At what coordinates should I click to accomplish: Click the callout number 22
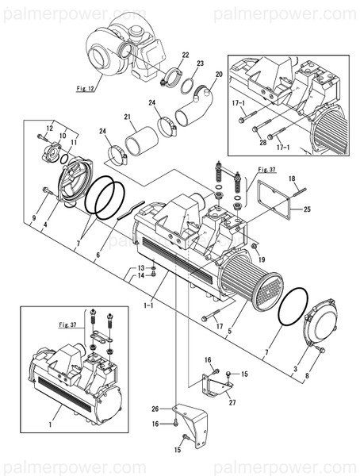(x=186, y=55)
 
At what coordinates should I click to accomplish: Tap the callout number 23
(x=200, y=63)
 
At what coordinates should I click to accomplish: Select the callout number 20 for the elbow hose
(x=219, y=74)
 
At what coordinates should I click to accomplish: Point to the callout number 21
(x=127, y=117)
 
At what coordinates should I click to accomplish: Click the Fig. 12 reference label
(x=86, y=89)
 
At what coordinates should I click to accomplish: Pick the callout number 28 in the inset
(x=263, y=142)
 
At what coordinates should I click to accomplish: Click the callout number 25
(x=307, y=209)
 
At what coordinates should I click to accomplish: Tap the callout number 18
(x=292, y=178)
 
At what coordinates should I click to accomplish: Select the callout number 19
(x=262, y=259)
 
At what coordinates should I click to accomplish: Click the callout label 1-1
(x=148, y=305)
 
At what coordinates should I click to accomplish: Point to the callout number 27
(x=232, y=402)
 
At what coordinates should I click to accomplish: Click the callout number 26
(x=155, y=409)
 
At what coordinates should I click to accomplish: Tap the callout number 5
(x=229, y=331)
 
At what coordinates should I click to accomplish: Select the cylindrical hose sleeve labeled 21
(x=142, y=141)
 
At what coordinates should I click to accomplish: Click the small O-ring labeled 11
(x=64, y=159)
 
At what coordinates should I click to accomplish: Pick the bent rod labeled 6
(x=131, y=209)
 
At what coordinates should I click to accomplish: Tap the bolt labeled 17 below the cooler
(x=211, y=315)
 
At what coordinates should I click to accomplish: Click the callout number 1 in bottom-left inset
(x=51, y=424)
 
